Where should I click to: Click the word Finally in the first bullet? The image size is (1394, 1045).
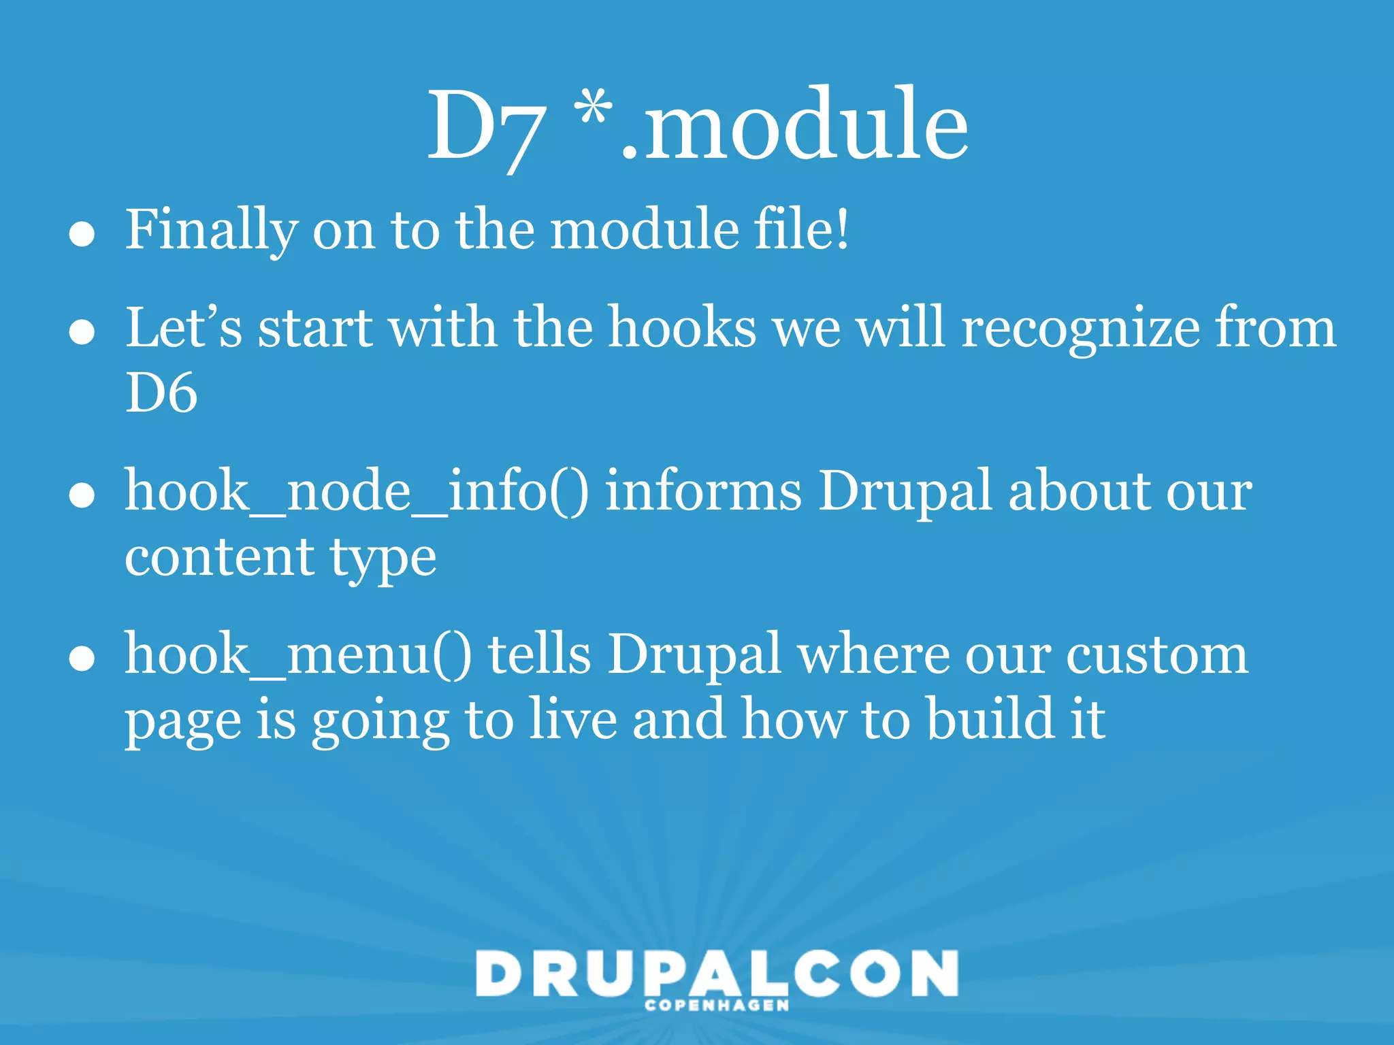(211, 230)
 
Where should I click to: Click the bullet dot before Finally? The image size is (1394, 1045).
(82, 235)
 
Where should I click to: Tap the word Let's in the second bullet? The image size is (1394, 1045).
(183, 327)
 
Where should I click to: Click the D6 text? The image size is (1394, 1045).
(161, 393)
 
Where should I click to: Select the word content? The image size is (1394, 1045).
(218, 557)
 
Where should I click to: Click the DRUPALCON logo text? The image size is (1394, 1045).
(717, 973)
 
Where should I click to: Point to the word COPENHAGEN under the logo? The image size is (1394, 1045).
(717, 1006)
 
